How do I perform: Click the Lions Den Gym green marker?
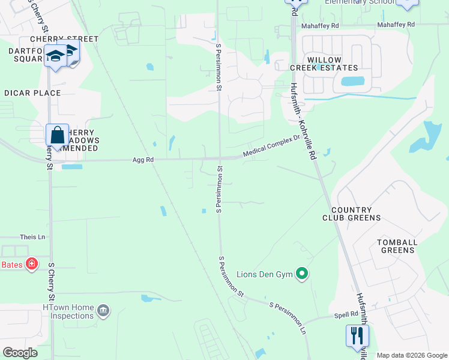(x=303, y=275)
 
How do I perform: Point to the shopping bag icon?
(x=57, y=135)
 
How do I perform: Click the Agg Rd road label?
(x=143, y=160)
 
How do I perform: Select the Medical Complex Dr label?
(x=271, y=146)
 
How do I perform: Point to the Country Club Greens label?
(x=352, y=214)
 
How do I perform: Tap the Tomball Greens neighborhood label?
(x=397, y=246)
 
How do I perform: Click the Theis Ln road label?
(x=32, y=237)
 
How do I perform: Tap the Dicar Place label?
(x=32, y=93)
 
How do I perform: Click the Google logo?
(x=20, y=353)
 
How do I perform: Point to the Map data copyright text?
(x=411, y=355)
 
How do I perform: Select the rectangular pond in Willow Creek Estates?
(x=352, y=82)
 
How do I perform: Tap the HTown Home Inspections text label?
(x=68, y=312)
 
